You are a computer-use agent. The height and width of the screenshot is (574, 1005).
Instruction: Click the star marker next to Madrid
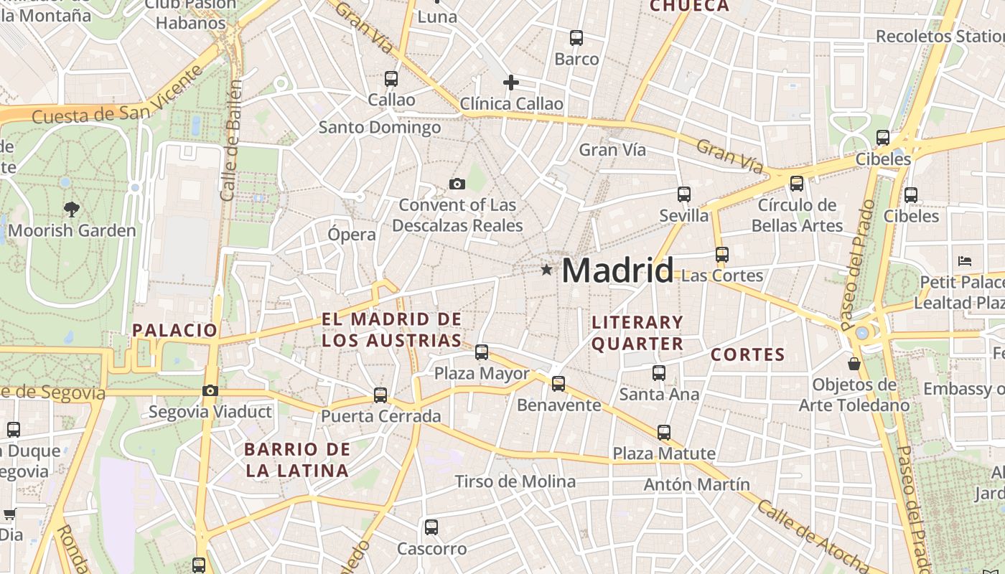(547, 270)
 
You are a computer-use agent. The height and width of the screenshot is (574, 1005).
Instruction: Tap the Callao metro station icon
(391, 79)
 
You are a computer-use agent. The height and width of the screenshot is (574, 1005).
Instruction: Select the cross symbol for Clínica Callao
(511, 83)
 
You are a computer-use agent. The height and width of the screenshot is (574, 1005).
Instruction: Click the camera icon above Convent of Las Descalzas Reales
(457, 184)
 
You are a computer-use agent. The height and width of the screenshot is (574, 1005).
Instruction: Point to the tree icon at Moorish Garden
(71, 210)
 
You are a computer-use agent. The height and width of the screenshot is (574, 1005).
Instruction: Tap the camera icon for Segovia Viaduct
(210, 391)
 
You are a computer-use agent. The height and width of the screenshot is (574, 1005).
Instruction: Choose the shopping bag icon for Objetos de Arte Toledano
(854, 364)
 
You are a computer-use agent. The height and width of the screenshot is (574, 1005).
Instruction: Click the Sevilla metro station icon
(684, 194)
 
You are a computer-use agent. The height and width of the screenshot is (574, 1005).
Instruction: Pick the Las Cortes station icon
(722, 255)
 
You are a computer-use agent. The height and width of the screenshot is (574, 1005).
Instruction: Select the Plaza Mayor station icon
(482, 352)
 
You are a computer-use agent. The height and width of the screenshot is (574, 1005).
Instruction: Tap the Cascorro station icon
(431, 527)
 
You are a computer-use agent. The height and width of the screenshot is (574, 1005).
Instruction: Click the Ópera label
(352, 235)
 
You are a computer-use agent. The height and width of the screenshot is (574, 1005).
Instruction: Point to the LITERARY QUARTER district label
(637, 333)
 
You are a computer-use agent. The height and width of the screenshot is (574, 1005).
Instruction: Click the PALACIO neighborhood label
(174, 330)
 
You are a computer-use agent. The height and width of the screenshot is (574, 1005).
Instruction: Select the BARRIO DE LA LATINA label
(297, 460)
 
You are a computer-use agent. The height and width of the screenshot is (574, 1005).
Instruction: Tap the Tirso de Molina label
(515, 481)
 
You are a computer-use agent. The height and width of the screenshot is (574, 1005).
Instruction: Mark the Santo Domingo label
(380, 128)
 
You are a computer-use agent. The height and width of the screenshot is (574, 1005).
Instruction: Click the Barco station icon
(576, 38)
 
